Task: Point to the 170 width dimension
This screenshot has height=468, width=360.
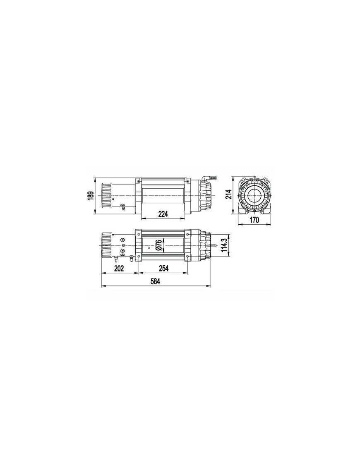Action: [254, 220]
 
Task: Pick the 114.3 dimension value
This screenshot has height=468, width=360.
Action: [224, 245]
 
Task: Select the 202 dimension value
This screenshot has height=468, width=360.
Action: [119, 269]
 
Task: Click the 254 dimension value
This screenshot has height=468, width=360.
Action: [163, 269]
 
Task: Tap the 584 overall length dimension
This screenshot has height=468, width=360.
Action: [155, 281]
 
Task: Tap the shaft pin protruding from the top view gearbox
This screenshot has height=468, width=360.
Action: [216, 245]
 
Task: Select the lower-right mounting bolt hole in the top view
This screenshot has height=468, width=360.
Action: [189, 257]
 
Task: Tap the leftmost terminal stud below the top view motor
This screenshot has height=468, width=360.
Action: [116, 259]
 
